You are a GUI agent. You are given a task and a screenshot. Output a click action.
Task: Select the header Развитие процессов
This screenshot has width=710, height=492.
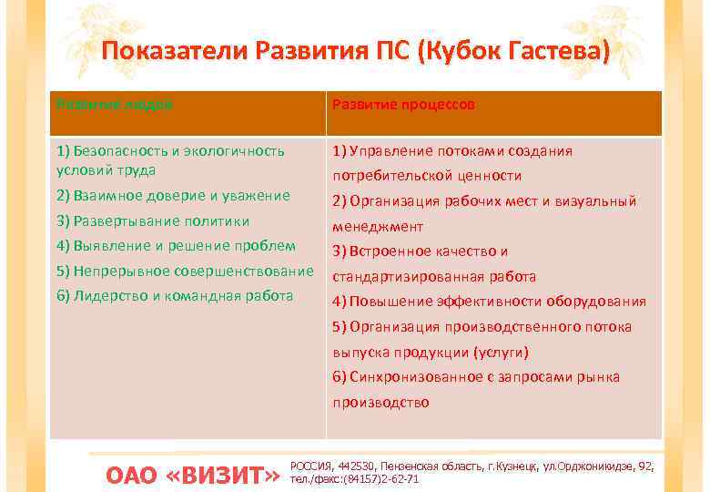click(x=403, y=105)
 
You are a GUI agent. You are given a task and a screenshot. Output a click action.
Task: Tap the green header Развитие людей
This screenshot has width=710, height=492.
click(x=115, y=104)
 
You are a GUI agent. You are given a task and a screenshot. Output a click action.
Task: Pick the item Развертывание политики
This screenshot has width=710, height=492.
click(x=152, y=220)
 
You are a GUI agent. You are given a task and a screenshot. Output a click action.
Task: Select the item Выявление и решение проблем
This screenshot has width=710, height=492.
click(x=176, y=245)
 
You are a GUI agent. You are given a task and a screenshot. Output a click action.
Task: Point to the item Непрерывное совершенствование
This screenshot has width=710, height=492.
click(x=185, y=271)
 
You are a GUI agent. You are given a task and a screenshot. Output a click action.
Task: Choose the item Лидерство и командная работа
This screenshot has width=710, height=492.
click(x=175, y=295)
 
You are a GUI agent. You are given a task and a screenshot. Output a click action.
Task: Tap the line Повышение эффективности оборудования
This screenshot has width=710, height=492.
click(x=489, y=302)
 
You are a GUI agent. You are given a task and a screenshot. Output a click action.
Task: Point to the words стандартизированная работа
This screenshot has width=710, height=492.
click(x=434, y=276)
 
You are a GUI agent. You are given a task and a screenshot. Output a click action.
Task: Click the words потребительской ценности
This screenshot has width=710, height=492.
click(x=427, y=176)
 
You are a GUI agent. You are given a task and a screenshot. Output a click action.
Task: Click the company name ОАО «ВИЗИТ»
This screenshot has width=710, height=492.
click(x=192, y=475)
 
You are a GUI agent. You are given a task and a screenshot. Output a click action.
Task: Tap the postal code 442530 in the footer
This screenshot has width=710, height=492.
click(x=356, y=466)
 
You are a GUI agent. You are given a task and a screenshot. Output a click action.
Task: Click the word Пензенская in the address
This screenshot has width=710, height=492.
click(x=413, y=466)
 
